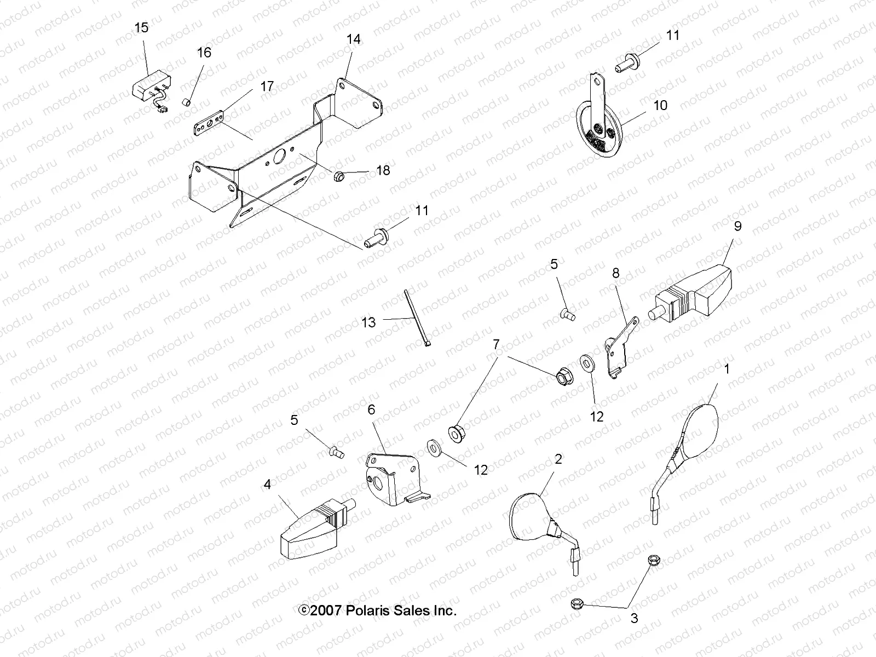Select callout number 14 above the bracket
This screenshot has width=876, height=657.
pos(353,39)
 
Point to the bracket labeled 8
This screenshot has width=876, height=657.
pos(619,348)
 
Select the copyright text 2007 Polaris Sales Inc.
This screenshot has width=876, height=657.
pos(377,610)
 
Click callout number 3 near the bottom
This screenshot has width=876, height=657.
pos(635,619)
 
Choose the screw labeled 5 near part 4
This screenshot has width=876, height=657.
pos(336,452)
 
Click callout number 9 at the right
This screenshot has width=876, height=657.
pos(737,226)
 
